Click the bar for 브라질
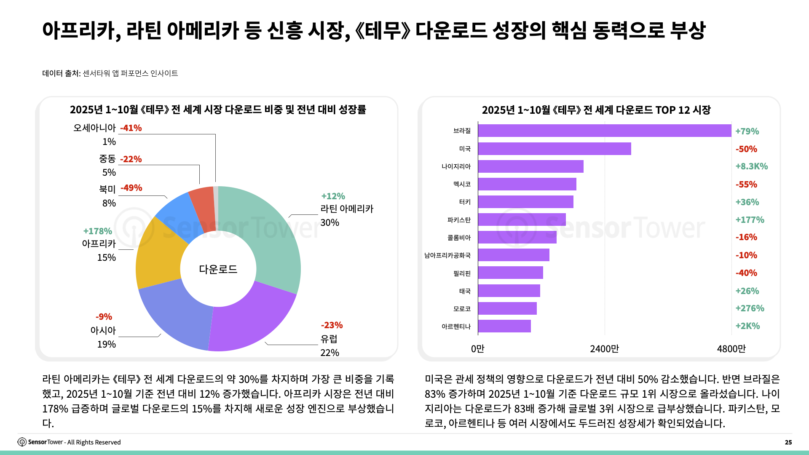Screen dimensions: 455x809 pos(605,131)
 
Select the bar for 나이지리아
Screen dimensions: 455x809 pos(530,166)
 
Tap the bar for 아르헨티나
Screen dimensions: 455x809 pos(504,326)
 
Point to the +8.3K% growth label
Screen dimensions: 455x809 pos(751,166)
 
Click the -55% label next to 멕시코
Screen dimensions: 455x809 pos(746,185)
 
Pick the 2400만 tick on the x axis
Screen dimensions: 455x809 pos(604,349)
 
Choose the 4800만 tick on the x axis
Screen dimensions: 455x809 pos(731,349)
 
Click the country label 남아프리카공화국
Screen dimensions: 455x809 pos(447,255)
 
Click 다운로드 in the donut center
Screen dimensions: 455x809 pos(218,269)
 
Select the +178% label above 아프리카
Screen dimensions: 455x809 pos(97,231)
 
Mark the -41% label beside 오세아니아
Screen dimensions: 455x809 pos(131,128)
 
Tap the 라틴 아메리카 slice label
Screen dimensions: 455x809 pos(346,209)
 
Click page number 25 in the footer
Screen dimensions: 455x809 pos(788,442)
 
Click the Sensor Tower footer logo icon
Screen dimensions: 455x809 pos(22,442)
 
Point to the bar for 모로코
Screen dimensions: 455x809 pos(507,308)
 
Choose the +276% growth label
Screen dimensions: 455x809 pos(750,308)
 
